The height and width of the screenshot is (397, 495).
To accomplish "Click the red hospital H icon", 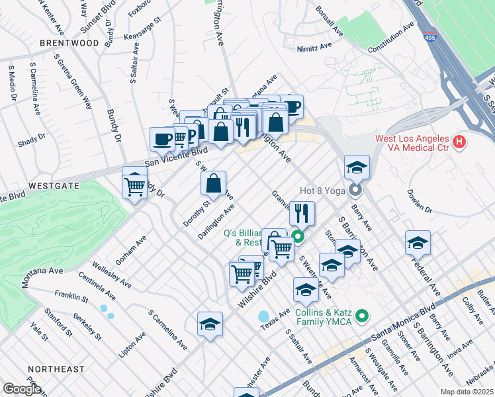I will [459, 142].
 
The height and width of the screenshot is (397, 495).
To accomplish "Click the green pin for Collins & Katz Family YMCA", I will [361, 316].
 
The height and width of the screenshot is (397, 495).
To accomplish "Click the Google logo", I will [21, 389].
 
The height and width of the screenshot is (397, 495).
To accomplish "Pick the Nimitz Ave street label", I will [314, 47].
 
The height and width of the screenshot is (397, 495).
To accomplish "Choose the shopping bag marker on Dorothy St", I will [213, 185].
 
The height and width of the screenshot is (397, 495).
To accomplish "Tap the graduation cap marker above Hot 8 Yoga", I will [357, 167].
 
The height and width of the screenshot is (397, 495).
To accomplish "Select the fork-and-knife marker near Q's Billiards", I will [302, 213].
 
